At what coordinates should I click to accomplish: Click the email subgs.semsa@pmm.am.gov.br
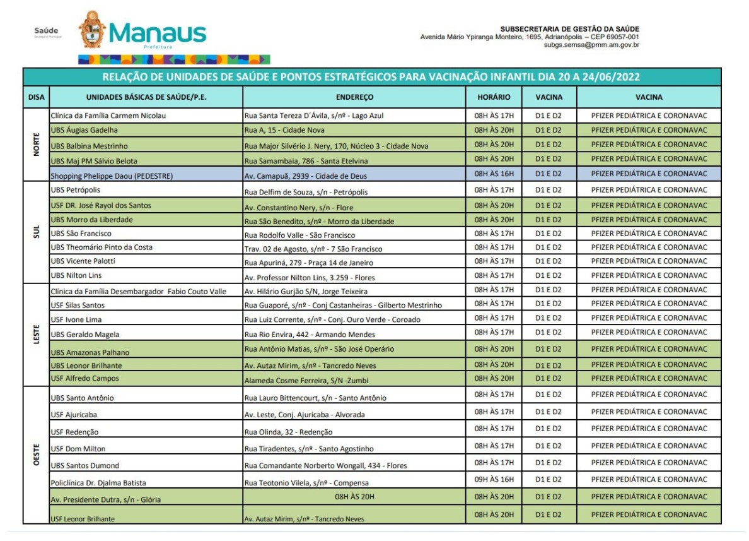tap(591, 45)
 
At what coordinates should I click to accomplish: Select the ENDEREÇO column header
tap(354, 97)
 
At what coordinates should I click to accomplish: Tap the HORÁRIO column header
tap(494, 97)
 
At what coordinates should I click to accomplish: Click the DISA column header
tap(36, 97)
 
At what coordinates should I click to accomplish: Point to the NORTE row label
tap(36, 145)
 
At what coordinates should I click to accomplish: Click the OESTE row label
tap(36, 455)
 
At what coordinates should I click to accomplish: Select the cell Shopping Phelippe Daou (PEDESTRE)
tap(112, 175)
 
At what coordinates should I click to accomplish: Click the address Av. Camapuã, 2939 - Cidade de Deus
tap(305, 175)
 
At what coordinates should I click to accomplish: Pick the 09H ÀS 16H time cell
tap(494, 479)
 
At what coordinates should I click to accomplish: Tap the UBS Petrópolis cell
tap(75, 189)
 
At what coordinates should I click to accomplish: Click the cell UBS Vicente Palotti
tap(83, 261)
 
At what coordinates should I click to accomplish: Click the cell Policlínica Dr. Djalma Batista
tap(98, 482)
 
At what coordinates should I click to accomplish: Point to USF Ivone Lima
tap(76, 319)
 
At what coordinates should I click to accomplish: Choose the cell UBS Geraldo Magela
tap(84, 334)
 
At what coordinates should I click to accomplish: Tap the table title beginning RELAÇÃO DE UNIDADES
tap(371, 77)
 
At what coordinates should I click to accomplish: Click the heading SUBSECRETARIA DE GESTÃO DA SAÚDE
tap(569, 29)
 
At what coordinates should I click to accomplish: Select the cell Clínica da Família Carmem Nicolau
tap(108, 116)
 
